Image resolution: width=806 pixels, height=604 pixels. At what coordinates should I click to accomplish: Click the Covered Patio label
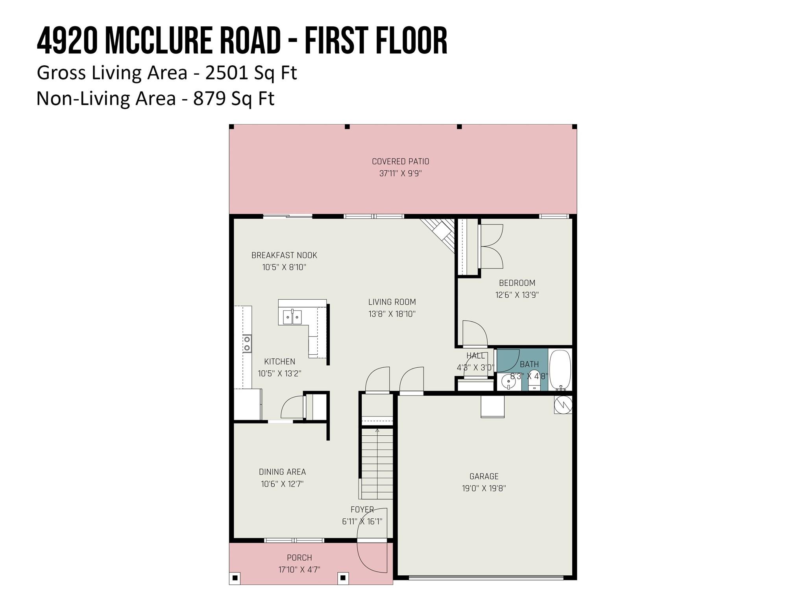click(401, 161)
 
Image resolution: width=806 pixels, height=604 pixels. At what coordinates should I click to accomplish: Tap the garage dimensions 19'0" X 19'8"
click(484, 488)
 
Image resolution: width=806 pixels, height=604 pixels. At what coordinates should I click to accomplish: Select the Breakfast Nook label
click(284, 255)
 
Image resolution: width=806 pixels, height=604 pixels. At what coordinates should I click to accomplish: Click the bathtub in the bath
click(560, 370)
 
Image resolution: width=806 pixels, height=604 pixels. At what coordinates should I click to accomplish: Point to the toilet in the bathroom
click(534, 380)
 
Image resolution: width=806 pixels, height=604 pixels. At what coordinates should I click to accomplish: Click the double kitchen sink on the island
click(292, 317)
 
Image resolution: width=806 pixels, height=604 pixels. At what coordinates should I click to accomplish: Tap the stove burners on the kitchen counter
click(247, 343)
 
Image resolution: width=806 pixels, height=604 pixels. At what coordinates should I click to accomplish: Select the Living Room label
click(392, 302)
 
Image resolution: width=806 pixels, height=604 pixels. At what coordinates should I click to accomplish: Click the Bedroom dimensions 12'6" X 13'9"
click(517, 295)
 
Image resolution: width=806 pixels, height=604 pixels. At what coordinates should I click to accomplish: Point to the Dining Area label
click(282, 472)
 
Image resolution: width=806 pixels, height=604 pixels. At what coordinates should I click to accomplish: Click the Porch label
click(299, 558)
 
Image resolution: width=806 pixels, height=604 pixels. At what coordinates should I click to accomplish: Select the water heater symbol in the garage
click(563, 405)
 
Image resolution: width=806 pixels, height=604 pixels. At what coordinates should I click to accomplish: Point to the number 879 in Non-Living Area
click(209, 98)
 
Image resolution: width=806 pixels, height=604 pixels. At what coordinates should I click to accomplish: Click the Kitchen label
click(279, 361)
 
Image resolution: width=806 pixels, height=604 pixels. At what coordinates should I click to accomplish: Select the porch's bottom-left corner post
click(235, 578)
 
